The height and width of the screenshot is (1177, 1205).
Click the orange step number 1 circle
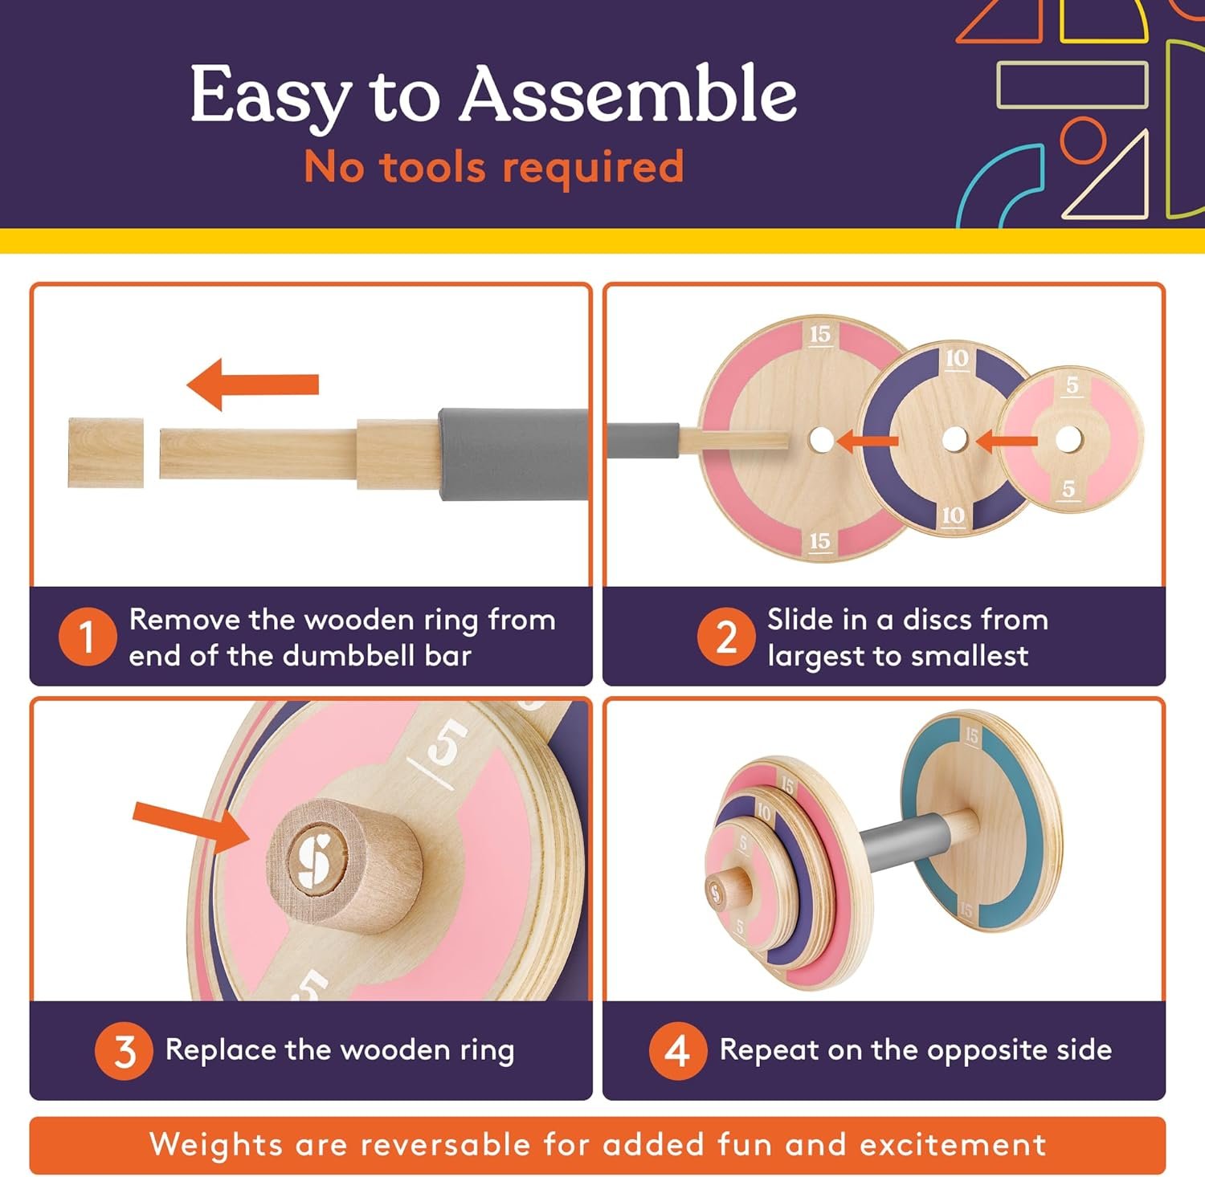(88, 637)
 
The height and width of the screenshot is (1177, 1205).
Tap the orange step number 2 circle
(726, 637)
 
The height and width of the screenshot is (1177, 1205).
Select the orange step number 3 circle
(124, 1051)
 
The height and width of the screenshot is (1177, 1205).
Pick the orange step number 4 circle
(678, 1051)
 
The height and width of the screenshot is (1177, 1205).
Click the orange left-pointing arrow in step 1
(252, 385)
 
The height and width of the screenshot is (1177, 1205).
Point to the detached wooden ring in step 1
(106, 453)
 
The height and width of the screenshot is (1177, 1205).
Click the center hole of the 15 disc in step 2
(821, 439)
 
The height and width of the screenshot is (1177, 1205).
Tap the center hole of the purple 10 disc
(954, 439)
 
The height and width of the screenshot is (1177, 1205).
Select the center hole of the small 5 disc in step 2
(1068, 439)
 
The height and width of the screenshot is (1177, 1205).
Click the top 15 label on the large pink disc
(820, 335)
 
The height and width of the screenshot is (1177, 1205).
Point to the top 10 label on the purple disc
(957, 359)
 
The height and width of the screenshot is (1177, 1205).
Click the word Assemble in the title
(628, 95)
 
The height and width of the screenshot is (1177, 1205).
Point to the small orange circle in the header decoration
(1084, 140)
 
